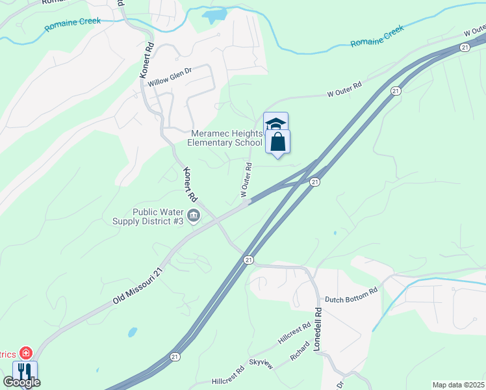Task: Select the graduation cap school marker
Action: pyautogui.click(x=275, y=123)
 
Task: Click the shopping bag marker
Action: pyautogui.click(x=277, y=142)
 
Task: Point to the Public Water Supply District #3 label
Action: pyautogui.click(x=157, y=216)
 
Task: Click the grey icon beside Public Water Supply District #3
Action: pyautogui.click(x=193, y=216)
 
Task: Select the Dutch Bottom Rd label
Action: pyautogui.click(x=351, y=295)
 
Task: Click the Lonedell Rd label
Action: pyautogui.click(x=318, y=329)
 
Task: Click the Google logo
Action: pyautogui.click(x=21, y=382)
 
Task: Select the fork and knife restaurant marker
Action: pyautogui.click(x=25, y=371)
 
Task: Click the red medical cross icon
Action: pyautogui.click(x=25, y=354)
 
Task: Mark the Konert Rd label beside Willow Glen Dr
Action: pyautogui.click(x=147, y=61)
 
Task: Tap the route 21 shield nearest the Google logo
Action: pyautogui.click(x=174, y=356)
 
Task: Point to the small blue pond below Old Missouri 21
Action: pyautogui.click(x=133, y=331)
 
